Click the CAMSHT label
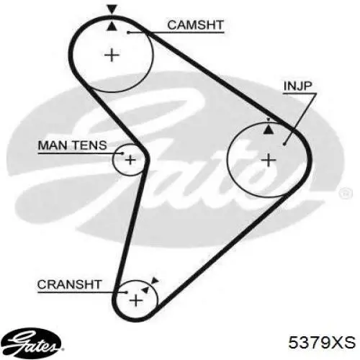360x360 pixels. (x=195, y=25)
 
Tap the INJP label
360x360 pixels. (x=297, y=86)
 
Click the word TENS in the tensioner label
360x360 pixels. (x=90, y=145)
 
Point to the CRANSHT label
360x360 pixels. (x=69, y=284)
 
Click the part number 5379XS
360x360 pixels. (x=322, y=342)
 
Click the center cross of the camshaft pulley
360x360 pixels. (x=112, y=55)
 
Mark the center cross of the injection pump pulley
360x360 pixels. (x=269, y=160)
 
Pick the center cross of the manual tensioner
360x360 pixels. (x=130, y=160)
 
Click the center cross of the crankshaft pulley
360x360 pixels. (x=136, y=300)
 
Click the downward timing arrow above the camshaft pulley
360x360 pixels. (x=112, y=9)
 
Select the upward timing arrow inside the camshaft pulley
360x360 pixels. (x=112, y=26)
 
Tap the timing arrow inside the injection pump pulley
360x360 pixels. (x=269, y=130)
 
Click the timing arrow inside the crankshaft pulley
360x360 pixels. (x=145, y=289)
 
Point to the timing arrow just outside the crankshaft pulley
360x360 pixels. (x=156, y=281)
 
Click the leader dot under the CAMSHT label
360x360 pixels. (x=128, y=32)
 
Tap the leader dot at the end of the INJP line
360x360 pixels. (x=284, y=144)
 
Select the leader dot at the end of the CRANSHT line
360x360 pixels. (x=127, y=292)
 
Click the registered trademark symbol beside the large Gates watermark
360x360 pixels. (x=346, y=193)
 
